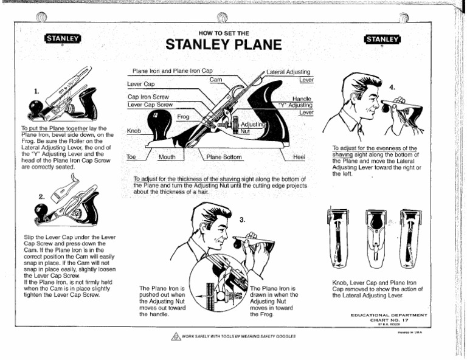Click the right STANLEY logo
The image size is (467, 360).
pyautogui.click(x=382, y=40)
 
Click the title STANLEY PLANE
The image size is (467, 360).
pyautogui.click(x=224, y=45)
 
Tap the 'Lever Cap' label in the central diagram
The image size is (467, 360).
pyautogui.click(x=140, y=83)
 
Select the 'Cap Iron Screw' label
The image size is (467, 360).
pyautogui.click(x=148, y=97)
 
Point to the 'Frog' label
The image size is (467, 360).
pyautogui.click(x=183, y=116)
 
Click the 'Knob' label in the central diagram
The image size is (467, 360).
pyautogui.click(x=134, y=131)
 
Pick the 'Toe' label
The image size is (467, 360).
pyautogui.click(x=130, y=157)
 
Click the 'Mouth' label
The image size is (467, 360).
pyautogui.click(x=167, y=157)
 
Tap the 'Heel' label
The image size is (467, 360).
pyautogui.click(x=299, y=157)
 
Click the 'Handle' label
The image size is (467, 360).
pyautogui.click(x=302, y=98)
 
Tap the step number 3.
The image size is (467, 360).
pyautogui.click(x=241, y=219)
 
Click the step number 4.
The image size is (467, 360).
pyautogui.click(x=391, y=87)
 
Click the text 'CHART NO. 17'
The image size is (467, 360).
pyautogui.click(x=389, y=320)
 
